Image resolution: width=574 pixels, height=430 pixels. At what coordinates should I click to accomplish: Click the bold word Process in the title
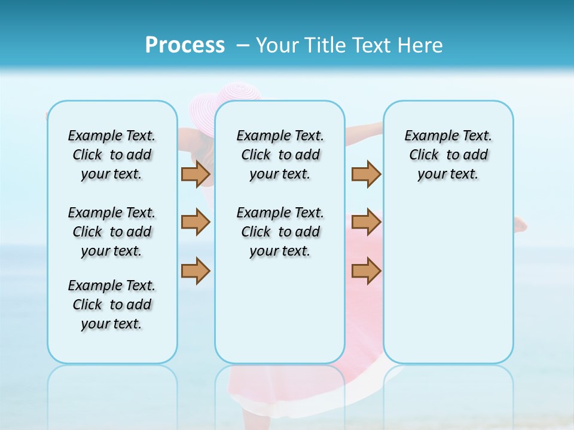click(185, 45)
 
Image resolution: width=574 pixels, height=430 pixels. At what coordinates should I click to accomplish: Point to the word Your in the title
click(278, 45)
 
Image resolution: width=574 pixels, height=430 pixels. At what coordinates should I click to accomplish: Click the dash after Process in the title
click(243, 46)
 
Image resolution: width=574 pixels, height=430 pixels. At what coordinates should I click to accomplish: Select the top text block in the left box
click(112, 155)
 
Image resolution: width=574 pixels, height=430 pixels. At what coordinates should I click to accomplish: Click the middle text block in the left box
click(112, 232)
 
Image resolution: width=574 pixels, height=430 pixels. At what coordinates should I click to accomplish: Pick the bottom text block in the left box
click(112, 305)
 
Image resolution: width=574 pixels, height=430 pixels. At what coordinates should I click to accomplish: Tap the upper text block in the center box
click(280, 155)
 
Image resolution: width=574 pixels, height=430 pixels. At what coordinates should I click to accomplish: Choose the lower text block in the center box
click(280, 232)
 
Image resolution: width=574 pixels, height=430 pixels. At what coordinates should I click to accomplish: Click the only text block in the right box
click(448, 155)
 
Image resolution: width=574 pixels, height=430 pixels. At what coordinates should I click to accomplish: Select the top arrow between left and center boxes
click(196, 174)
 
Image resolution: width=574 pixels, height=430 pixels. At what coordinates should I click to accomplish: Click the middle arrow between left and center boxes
click(196, 222)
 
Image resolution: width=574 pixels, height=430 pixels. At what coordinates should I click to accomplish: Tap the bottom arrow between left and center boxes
click(196, 271)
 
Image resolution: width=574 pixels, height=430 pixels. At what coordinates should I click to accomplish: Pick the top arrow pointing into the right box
click(366, 174)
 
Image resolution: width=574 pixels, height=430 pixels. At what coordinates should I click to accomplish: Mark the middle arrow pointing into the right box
click(366, 222)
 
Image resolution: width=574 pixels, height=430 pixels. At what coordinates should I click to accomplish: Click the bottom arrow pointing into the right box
click(366, 271)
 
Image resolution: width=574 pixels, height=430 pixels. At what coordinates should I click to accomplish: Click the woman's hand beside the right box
click(521, 225)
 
